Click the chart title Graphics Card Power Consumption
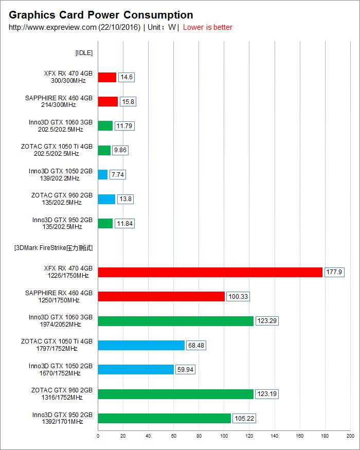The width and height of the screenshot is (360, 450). tap(101, 15)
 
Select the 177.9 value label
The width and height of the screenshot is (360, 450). tap(334, 272)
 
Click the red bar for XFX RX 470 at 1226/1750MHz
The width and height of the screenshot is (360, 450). tap(210, 272)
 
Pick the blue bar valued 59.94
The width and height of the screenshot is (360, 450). tap(136, 369)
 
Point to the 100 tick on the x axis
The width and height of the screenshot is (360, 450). tap(224, 436)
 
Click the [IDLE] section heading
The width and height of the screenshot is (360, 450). tap(84, 52)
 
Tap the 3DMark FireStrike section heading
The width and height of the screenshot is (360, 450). tap(53, 248)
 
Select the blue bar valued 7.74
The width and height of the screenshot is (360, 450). tap(102, 175)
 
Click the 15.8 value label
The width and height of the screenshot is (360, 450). tap(128, 102)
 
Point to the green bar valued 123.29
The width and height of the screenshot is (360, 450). tap(175, 321)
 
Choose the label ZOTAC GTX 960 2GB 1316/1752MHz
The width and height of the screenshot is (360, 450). tap(62, 394)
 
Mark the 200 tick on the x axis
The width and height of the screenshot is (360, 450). tap(350, 436)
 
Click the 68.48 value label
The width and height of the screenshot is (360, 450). tap(196, 346)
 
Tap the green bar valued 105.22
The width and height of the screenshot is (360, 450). tap(164, 418)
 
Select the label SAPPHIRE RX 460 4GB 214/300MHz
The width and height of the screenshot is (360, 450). tap(59, 101)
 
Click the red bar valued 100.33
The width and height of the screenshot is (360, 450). tap(161, 296)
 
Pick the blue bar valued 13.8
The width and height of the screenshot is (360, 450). tap(106, 199)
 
